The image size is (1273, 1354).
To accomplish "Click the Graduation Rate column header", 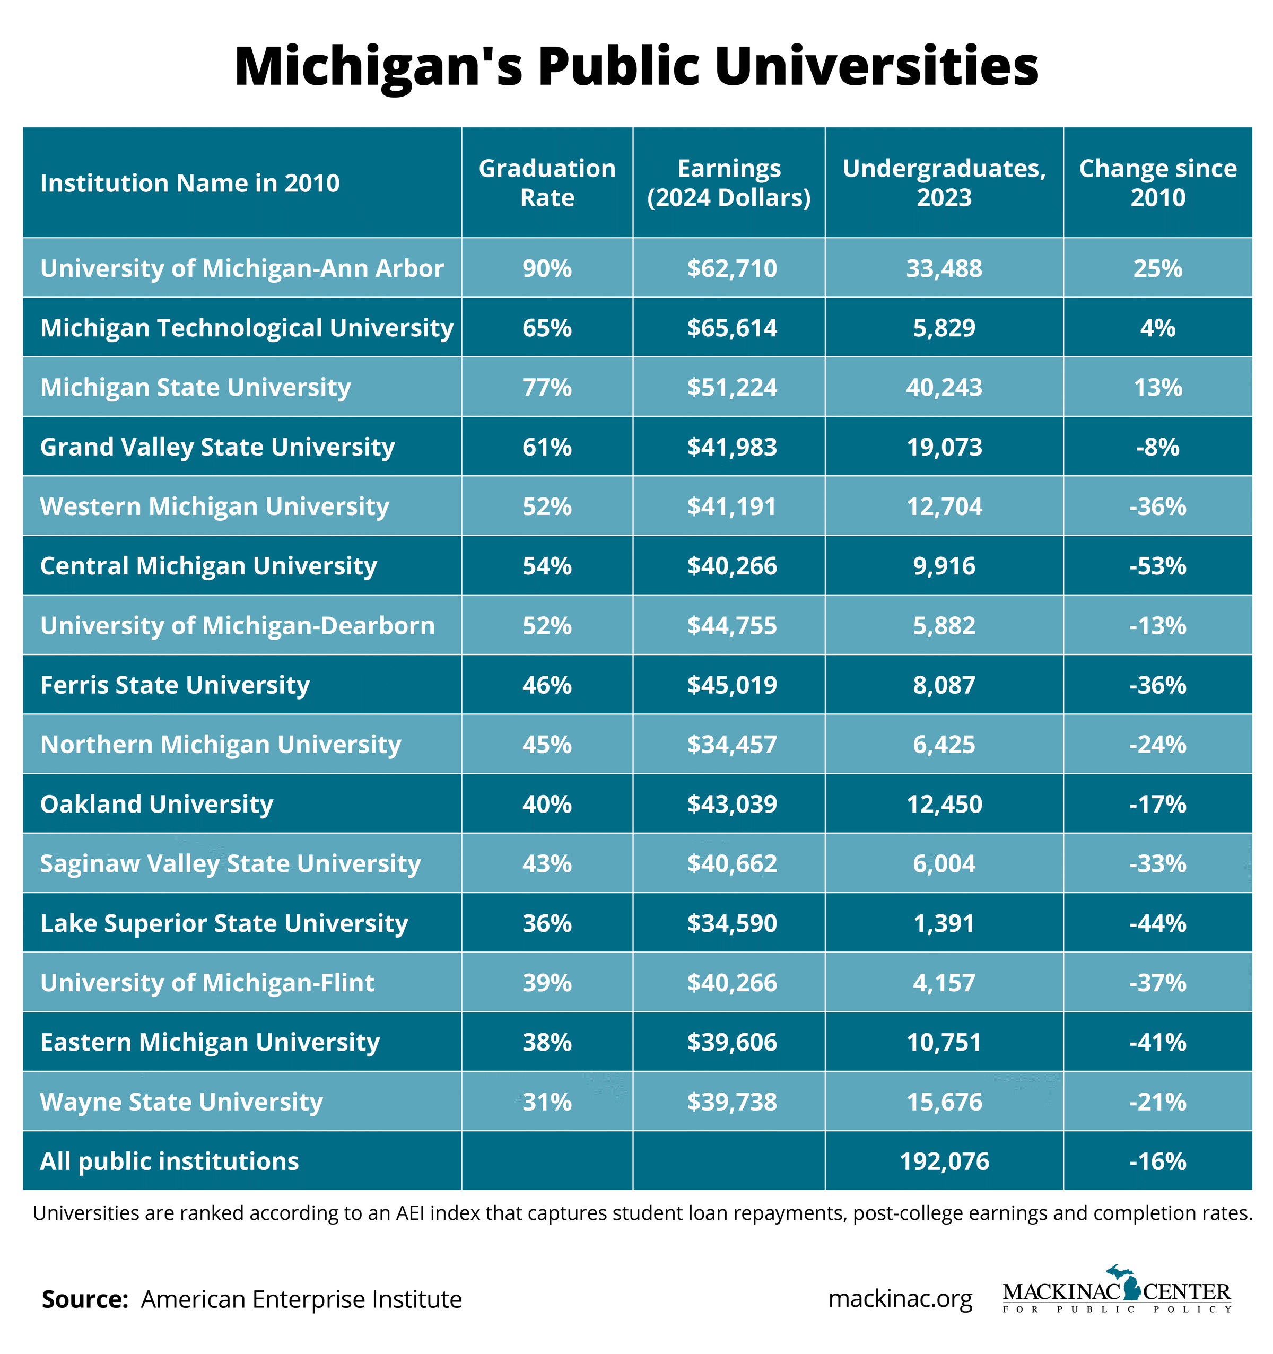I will click(x=546, y=182).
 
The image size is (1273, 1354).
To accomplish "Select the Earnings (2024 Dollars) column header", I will click(x=728, y=182).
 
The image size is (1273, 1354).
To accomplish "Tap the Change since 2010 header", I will click(x=1157, y=182).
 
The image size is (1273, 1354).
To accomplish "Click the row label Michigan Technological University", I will click(x=247, y=328).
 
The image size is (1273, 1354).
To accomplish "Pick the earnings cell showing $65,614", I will click(x=731, y=328).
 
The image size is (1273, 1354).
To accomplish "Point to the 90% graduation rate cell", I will click(x=546, y=268).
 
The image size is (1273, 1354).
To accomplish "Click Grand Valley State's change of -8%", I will click(x=1157, y=447).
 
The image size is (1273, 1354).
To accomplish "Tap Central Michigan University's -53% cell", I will click(x=1157, y=566).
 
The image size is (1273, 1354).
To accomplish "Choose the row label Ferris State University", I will click(x=175, y=685).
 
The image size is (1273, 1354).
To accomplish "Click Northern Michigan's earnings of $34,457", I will click(x=731, y=745).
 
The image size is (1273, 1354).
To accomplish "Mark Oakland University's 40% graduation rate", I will click(x=546, y=805).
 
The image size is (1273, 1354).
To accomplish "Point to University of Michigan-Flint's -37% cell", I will click(x=1157, y=983).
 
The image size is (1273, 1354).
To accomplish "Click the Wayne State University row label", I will click(x=181, y=1102).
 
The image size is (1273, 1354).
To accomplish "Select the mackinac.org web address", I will click(x=900, y=1299).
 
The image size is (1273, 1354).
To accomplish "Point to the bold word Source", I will click(x=85, y=1299).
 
